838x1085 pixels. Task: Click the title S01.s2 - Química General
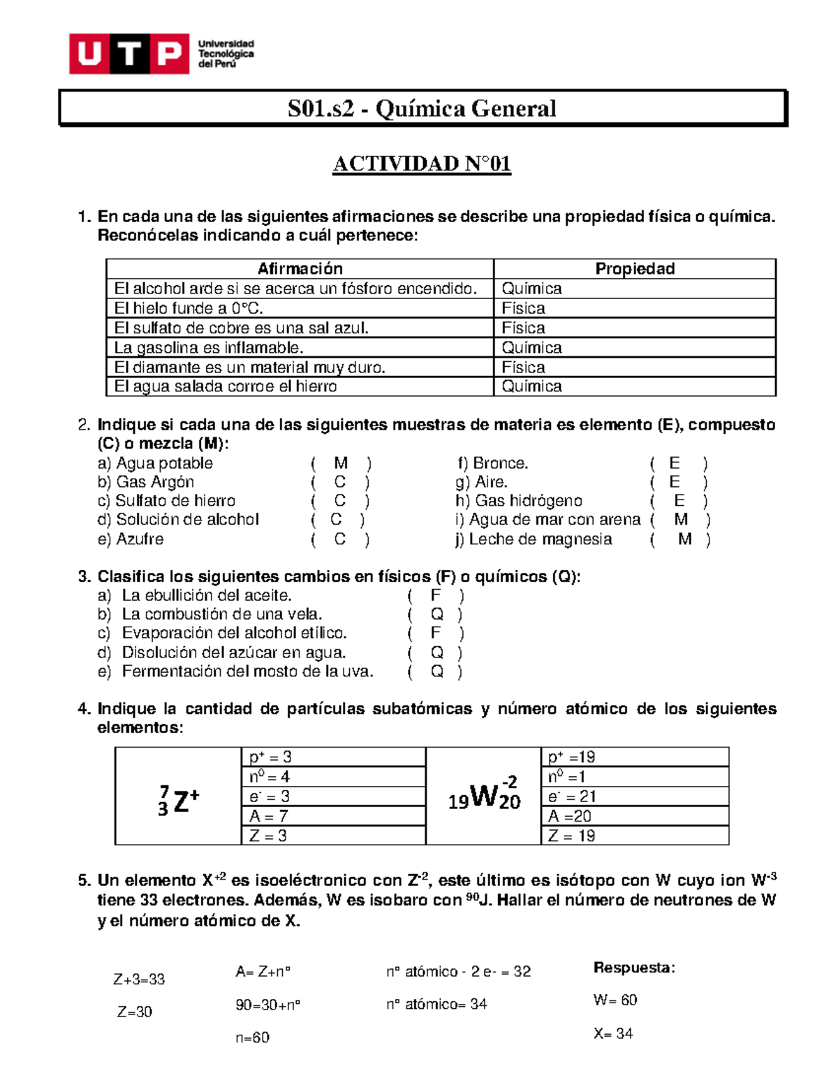pyautogui.click(x=422, y=108)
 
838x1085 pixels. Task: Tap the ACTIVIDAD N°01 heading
pyautogui.click(x=422, y=164)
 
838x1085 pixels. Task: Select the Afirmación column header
pyautogui.click(x=300, y=269)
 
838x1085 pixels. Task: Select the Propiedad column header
pyautogui.click(x=634, y=269)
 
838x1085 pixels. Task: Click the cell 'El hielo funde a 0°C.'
pyautogui.click(x=189, y=308)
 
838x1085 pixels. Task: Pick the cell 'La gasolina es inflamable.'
pyautogui.click(x=209, y=347)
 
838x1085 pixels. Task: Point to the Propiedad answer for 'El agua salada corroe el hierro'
pyautogui.click(x=531, y=386)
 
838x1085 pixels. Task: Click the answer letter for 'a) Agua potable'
pyautogui.click(x=341, y=463)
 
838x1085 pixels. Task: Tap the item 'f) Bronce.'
pyautogui.click(x=492, y=463)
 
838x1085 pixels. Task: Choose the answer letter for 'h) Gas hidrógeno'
pyautogui.click(x=679, y=501)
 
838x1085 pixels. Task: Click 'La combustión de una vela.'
pyautogui.click(x=221, y=614)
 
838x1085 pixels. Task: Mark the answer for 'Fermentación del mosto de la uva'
pyautogui.click(x=436, y=671)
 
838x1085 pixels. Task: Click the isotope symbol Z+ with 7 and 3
pyautogui.click(x=179, y=800)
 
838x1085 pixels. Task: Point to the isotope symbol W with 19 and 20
pyautogui.click(x=484, y=796)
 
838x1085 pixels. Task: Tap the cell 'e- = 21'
pyautogui.click(x=571, y=796)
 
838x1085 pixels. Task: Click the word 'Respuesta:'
pyautogui.click(x=634, y=968)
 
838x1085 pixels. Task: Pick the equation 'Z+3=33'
pyautogui.click(x=139, y=980)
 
